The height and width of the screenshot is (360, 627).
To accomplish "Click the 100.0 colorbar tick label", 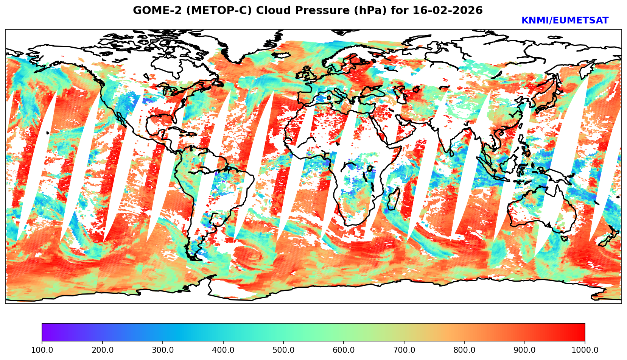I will (x=42, y=350).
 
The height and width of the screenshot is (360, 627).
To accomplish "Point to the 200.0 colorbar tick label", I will (x=102, y=350).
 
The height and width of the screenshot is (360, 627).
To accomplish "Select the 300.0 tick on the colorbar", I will (x=163, y=350).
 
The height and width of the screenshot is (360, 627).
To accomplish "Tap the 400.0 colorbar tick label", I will (x=223, y=350).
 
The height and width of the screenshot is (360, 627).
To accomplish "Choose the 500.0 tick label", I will (x=283, y=350).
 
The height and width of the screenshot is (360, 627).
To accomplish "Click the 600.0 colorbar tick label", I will (x=344, y=350).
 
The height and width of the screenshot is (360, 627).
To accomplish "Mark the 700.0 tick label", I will (x=404, y=350).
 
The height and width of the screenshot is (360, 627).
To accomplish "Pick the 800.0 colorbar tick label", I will (x=464, y=350).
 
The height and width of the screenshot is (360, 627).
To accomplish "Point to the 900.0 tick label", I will (x=525, y=350).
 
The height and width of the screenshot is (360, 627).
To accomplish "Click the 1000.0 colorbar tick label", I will (x=585, y=350).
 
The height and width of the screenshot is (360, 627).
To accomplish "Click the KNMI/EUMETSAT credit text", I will (x=565, y=21).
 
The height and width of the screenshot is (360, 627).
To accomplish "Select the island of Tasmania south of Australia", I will (x=564, y=238).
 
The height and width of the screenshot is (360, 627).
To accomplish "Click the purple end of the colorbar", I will (x=45, y=332).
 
